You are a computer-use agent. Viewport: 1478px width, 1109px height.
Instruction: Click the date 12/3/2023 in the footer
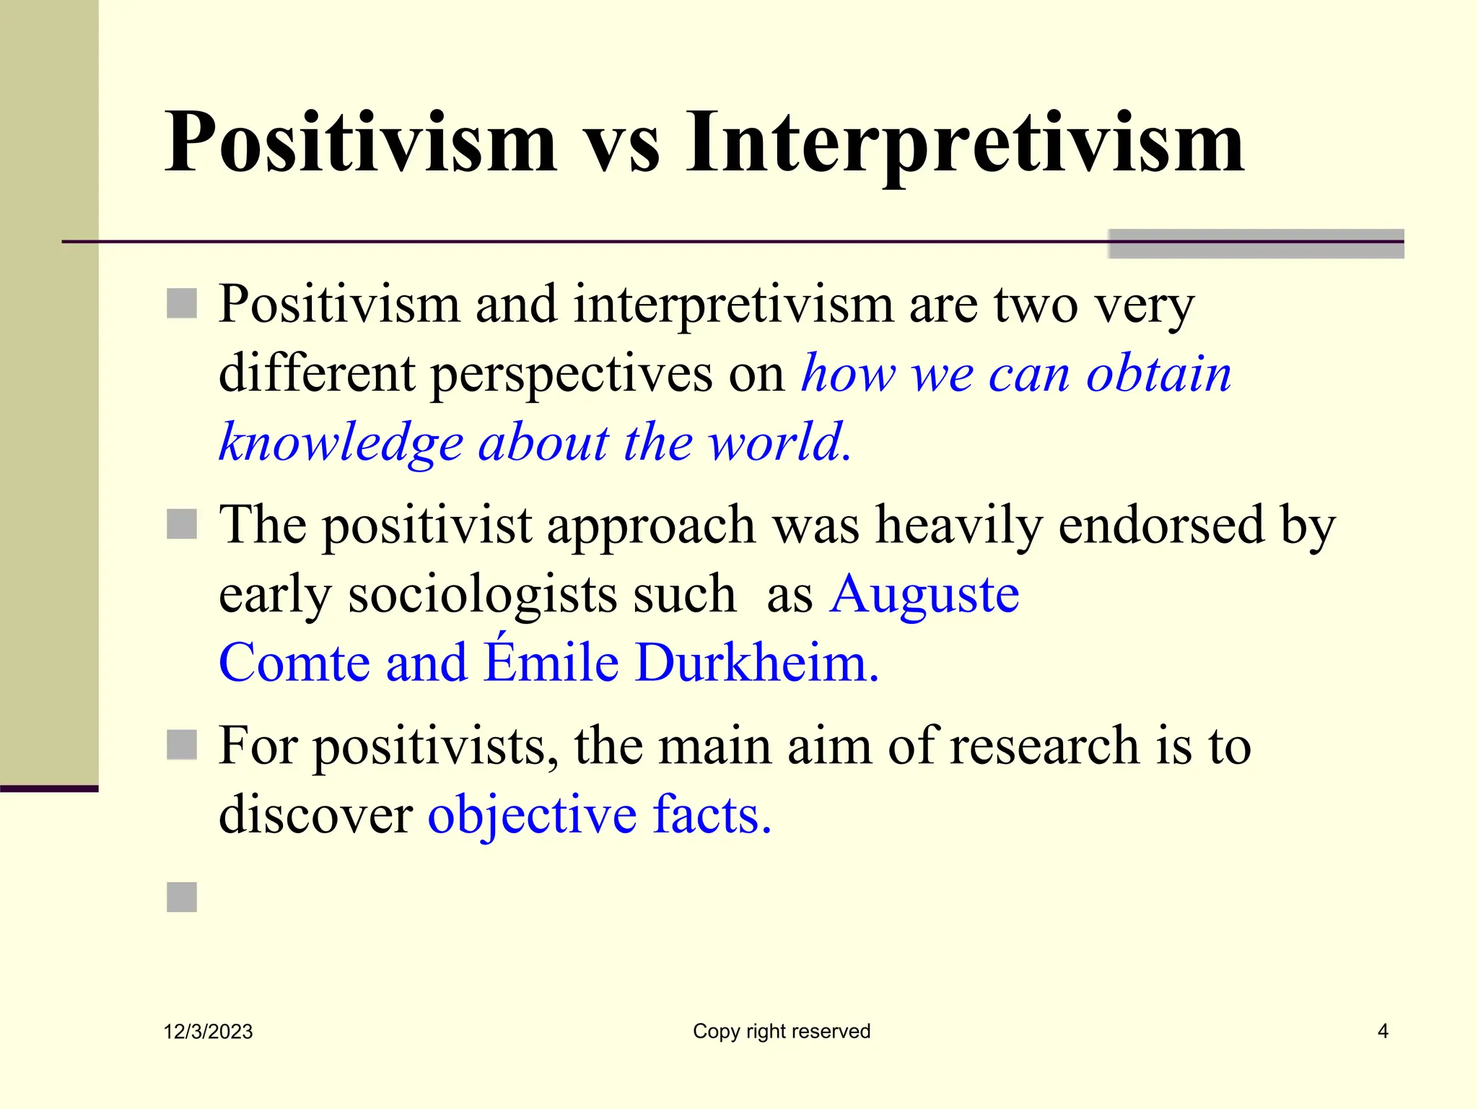coord(208,1032)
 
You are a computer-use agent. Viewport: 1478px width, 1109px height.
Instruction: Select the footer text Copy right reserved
coord(782,1031)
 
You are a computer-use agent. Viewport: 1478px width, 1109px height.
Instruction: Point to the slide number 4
coord(1383,1031)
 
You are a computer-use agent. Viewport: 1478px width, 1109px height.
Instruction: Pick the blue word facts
coord(712,814)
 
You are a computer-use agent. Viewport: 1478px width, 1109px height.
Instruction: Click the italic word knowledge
coord(341,443)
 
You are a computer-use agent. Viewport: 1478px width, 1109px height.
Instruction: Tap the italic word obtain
coord(1159,374)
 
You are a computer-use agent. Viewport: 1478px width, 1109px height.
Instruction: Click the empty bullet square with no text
coord(182,897)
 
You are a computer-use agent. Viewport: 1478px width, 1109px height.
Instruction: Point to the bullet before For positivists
coord(182,745)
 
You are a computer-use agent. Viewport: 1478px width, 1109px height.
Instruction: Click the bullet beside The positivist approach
coord(182,524)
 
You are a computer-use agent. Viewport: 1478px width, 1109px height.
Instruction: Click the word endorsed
coord(1160,526)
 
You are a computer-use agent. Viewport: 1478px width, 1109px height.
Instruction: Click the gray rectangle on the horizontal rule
coord(1256,243)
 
